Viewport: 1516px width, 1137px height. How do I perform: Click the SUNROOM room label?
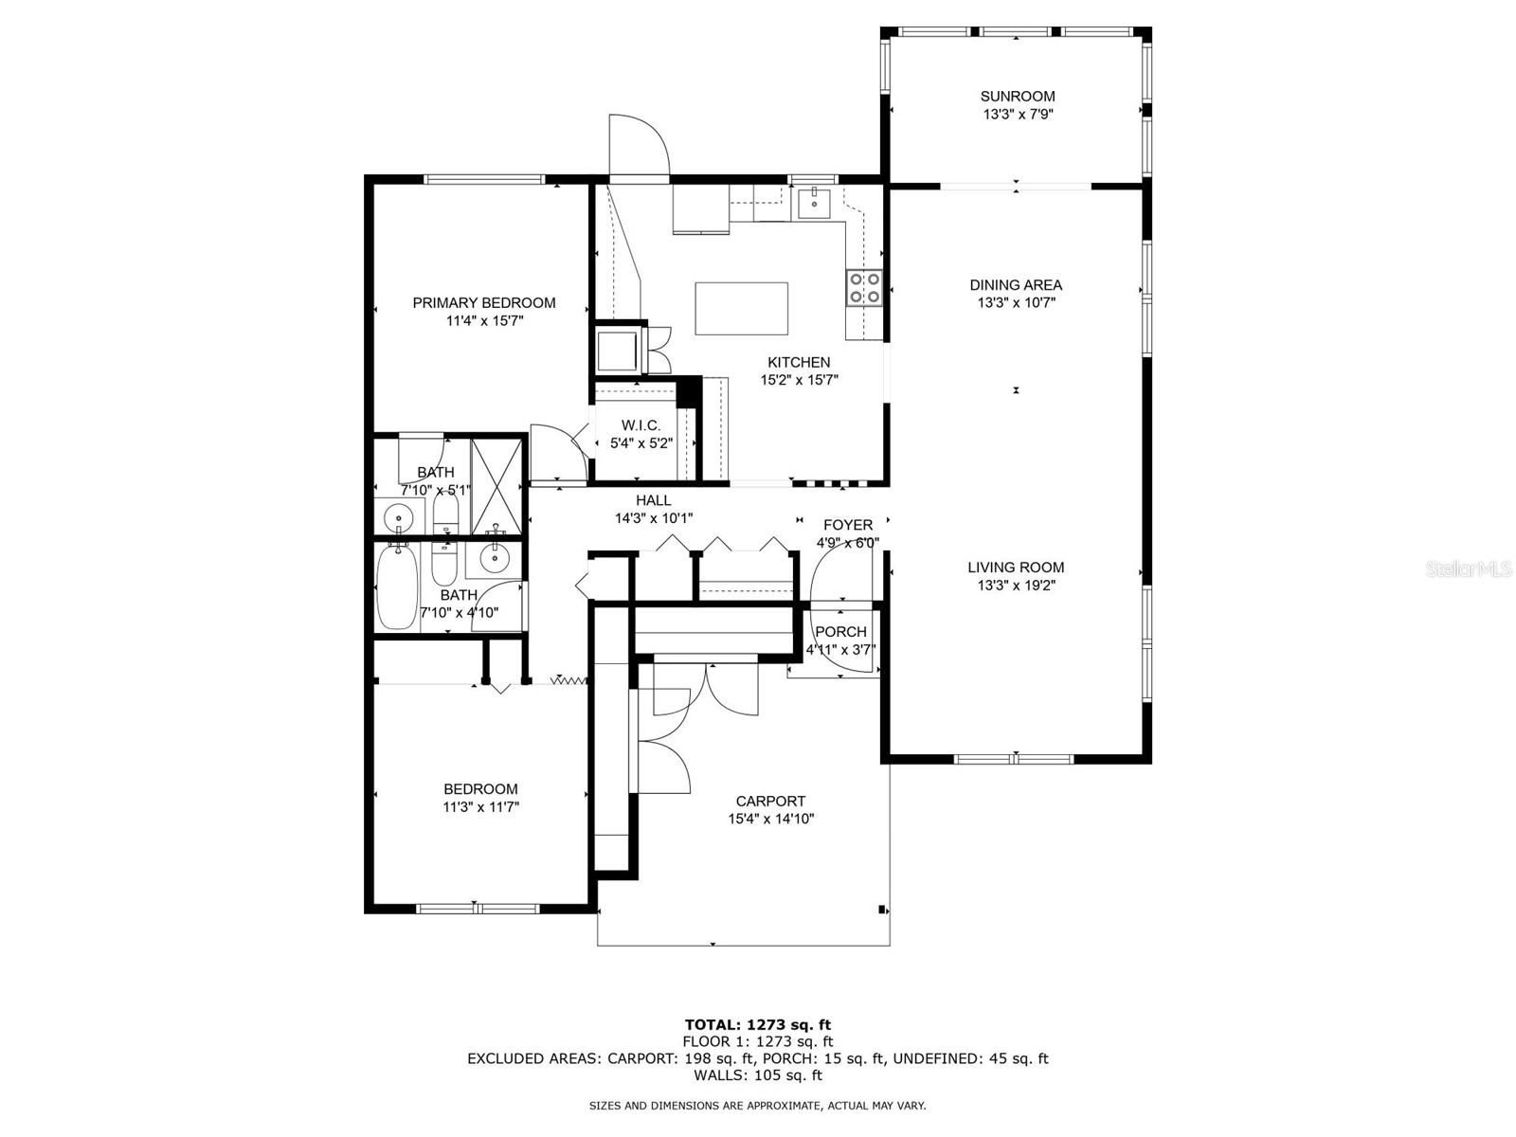click(1018, 96)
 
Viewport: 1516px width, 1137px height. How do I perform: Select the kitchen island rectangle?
click(741, 309)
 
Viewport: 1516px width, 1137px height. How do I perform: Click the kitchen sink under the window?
click(813, 201)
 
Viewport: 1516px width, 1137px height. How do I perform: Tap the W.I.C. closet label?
click(641, 424)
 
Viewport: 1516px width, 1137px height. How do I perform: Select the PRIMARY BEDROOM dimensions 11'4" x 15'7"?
click(484, 321)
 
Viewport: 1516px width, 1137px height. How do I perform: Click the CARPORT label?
click(770, 801)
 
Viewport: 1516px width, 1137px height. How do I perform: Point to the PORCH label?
click(840, 632)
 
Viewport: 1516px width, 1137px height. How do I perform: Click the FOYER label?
click(847, 525)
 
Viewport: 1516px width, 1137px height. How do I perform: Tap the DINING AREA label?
click(1016, 284)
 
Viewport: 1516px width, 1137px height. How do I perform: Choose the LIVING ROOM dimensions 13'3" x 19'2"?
click(1016, 586)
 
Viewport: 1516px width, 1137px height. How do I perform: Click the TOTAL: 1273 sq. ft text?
click(757, 1024)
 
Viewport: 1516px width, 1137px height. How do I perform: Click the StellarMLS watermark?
click(1468, 568)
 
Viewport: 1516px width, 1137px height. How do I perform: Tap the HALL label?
click(653, 500)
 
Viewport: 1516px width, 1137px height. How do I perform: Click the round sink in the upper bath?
click(399, 518)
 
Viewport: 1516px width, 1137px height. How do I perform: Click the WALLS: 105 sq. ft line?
click(757, 1075)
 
